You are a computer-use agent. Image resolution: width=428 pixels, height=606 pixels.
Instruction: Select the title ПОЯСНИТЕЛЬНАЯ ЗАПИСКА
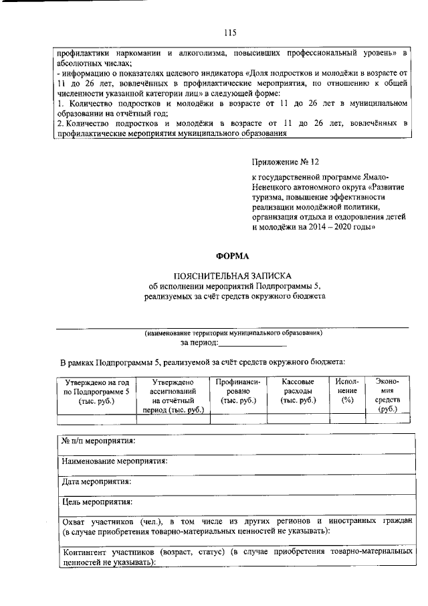coord(232,276)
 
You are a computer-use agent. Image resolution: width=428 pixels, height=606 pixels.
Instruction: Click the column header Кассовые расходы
coord(298,390)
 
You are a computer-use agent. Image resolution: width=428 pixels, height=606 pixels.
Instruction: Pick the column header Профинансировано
coord(238,390)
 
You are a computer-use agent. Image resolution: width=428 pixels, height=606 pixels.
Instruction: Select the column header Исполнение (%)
coord(347,390)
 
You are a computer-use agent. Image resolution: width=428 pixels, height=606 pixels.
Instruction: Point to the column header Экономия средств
coord(388,394)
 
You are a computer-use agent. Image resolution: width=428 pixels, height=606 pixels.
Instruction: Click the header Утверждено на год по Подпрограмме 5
coord(96,390)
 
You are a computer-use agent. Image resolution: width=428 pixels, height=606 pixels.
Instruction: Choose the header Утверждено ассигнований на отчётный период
coord(173,394)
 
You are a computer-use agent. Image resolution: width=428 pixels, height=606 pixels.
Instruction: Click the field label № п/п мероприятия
coord(98,441)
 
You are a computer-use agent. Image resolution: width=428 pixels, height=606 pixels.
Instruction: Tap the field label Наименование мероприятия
coord(114,461)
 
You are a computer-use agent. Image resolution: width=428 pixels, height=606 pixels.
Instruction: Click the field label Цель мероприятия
coord(96,501)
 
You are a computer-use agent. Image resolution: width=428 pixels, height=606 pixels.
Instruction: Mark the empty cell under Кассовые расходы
coord(298,420)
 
